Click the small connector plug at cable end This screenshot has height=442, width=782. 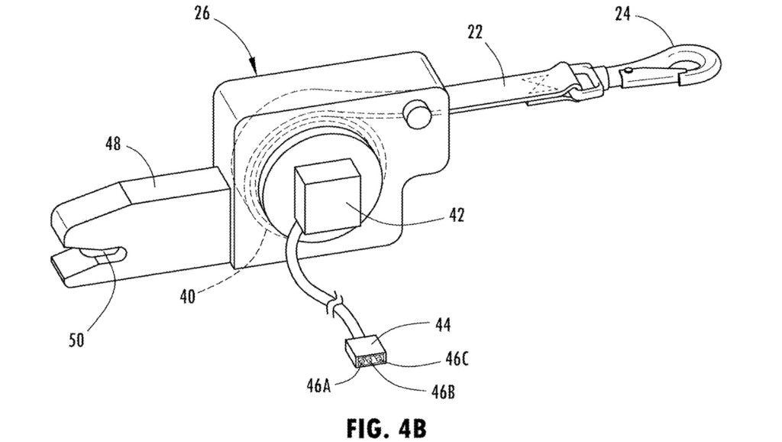(x=365, y=353)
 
